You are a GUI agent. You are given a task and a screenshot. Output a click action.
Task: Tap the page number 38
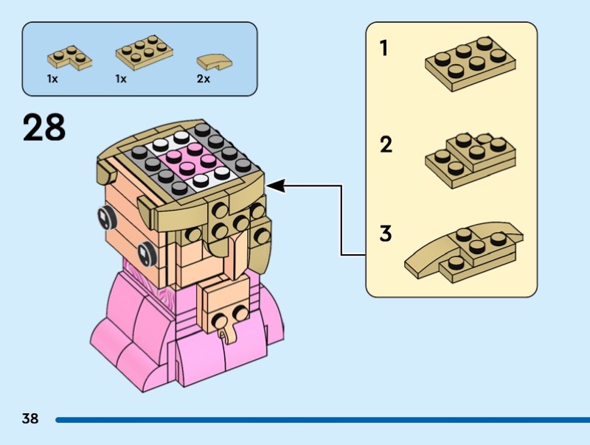click(30, 418)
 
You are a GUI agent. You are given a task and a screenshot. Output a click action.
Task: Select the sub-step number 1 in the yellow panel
click(383, 49)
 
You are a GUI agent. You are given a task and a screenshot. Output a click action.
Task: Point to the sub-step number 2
click(386, 144)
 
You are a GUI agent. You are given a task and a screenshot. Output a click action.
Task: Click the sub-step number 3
click(385, 235)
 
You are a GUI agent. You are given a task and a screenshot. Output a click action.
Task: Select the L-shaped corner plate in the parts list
click(69, 57)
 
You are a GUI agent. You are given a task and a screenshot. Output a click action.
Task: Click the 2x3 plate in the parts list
click(143, 52)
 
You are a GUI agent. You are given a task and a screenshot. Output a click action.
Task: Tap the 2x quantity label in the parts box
click(203, 78)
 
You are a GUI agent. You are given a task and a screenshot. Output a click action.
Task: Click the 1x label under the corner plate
click(52, 78)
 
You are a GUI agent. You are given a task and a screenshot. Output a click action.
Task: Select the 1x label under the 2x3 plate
click(121, 78)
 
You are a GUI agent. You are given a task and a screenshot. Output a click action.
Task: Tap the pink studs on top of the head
click(187, 156)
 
